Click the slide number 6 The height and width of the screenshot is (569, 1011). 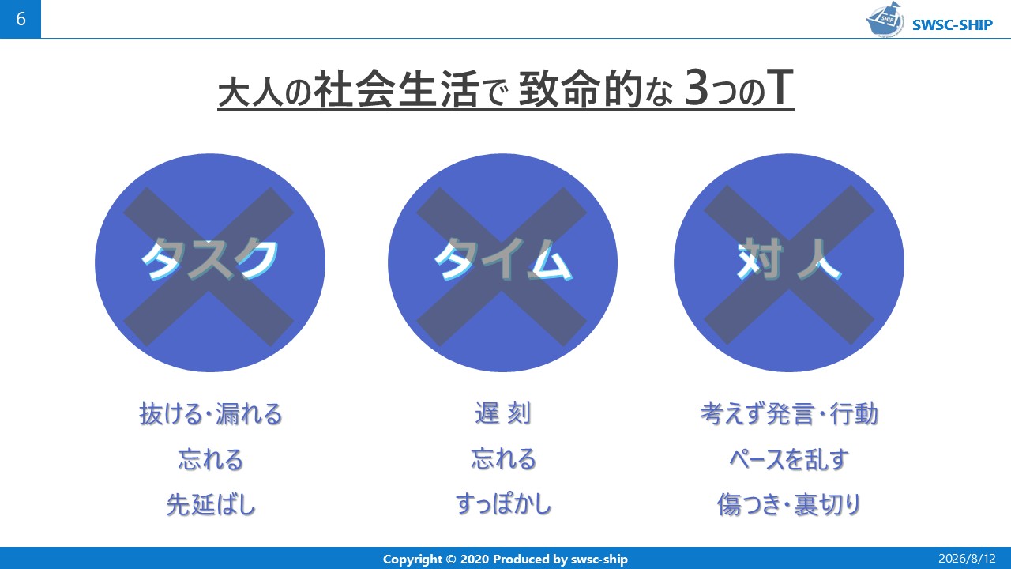pos(21,19)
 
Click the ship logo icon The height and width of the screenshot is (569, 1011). pos(884,19)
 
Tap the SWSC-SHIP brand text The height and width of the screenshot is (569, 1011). pos(953,24)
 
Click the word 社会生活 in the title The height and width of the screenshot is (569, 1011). pos(396,89)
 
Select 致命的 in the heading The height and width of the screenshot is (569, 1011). pos(581,89)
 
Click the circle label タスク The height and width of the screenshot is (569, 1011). pos(209,260)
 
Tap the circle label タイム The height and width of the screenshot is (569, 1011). pos(503,260)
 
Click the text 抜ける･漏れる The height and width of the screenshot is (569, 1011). pos(211,413)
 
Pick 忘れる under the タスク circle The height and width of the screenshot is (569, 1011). pos(211,459)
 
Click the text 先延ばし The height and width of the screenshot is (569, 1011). pos(211,504)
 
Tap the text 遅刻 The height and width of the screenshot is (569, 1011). pos(503,413)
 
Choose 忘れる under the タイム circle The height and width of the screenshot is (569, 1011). pos(503,459)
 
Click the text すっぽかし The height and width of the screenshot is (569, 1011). pos(503,504)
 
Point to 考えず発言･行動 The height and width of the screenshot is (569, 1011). pos(789,413)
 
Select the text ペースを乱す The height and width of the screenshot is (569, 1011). pos(789,459)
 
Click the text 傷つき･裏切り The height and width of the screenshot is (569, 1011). pos(789,504)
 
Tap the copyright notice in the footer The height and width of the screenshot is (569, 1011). pos(505,559)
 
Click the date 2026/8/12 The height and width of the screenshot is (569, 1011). pos(967,559)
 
